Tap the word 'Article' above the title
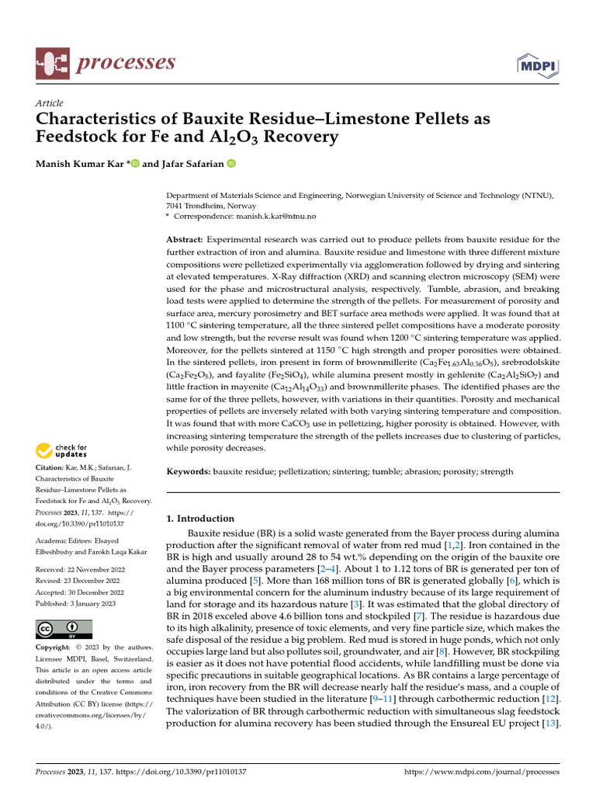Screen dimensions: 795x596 [x=50, y=103]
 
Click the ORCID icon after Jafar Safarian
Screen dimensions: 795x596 [x=231, y=164]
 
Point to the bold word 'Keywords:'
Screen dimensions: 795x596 [x=189, y=471]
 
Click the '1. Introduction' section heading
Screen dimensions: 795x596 [x=200, y=518]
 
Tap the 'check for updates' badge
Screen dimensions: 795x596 [x=62, y=450]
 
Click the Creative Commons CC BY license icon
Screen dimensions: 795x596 [x=64, y=629]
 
